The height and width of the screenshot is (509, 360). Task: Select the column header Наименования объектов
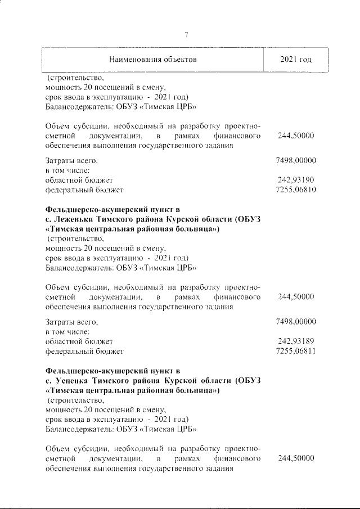153,60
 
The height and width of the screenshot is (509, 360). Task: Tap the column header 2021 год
296,60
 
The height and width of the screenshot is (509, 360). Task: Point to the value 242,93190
296,180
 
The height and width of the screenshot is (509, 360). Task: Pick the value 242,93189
296,341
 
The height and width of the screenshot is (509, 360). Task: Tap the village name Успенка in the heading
71,380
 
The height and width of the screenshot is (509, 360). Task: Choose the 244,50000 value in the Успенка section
296,459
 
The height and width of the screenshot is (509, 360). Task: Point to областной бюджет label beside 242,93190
79,180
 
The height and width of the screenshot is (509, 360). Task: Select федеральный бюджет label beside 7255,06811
84,352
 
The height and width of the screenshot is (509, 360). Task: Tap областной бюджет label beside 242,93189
79,341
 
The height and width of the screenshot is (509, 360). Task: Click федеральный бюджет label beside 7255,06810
84,191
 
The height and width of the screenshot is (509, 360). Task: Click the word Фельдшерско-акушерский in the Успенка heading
93,370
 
